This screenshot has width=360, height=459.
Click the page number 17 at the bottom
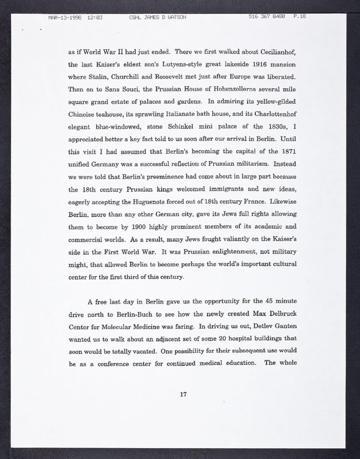coord(183,394)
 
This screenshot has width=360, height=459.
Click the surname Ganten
coord(280,328)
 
